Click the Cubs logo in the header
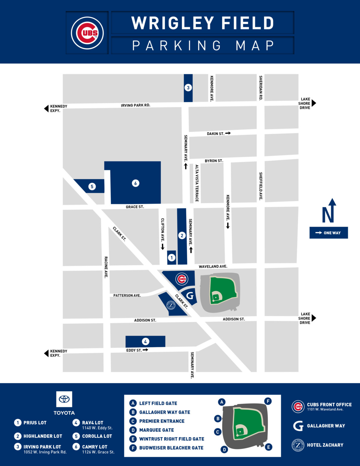coord(87,33)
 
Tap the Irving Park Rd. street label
coord(136,105)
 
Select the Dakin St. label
coord(215,133)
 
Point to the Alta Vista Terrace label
coord(197,183)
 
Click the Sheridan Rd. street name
coord(261,88)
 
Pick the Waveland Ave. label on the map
coord(213,266)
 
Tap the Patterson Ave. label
coord(127,295)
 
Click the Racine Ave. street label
coord(106,267)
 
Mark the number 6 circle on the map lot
coord(136,183)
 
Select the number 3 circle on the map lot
coord(188,88)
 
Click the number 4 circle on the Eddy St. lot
coord(145,342)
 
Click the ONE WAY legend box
coord(328,233)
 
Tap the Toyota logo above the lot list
coord(64,399)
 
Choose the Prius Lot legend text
coord(35,423)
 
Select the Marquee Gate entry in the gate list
coord(156,430)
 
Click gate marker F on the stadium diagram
coord(268,401)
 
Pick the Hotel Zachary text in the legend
coord(325,445)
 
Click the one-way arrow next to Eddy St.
coord(145,350)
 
